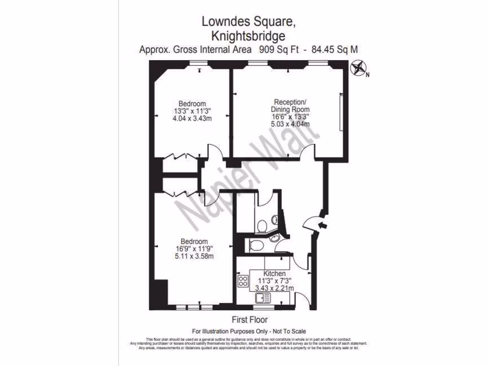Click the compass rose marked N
pos(357,69)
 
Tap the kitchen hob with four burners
pos(243,281)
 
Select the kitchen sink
pos(263,298)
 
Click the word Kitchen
pos(275,274)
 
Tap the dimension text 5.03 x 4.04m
pos(291,124)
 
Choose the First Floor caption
pos(249,320)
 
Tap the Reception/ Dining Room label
pos(290,105)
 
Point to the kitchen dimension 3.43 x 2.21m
pos(275,288)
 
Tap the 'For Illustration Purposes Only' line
pos(248,331)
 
